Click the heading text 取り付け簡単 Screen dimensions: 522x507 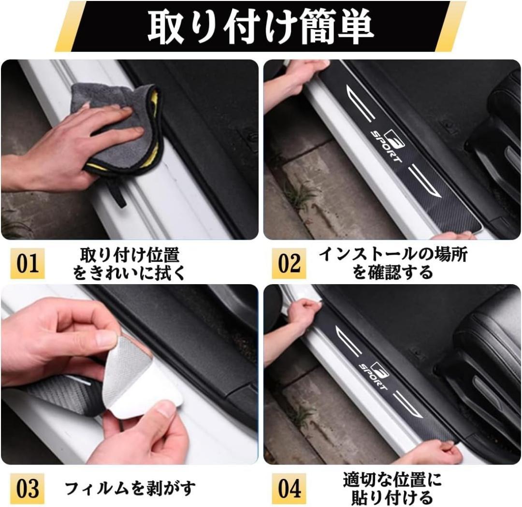click(x=261, y=27)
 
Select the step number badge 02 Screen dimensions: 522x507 click(x=289, y=263)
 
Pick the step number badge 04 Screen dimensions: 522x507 click(x=289, y=489)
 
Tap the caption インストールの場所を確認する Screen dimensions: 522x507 click(x=393, y=263)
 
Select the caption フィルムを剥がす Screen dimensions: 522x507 click(x=130, y=488)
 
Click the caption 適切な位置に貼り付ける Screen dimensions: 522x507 click(x=392, y=489)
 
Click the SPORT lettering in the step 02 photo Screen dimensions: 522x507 click(x=386, y=146)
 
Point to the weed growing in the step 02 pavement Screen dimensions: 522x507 click(x=301, y=195)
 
